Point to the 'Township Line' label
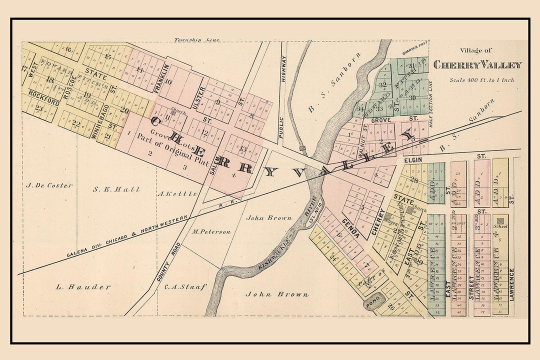coord(196,40)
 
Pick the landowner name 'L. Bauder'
coord(83,287)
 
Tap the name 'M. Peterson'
coord(211,232)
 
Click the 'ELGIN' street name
coord(413,160)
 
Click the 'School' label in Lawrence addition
coord(500,226)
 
